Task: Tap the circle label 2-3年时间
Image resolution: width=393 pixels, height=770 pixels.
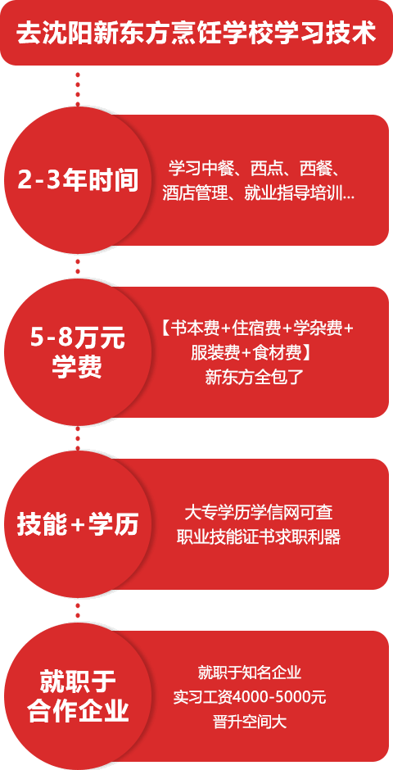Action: pyautogui.click(x=78, y=181)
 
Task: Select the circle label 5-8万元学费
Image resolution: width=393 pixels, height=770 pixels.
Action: pyautogui.click(x=77, y=353)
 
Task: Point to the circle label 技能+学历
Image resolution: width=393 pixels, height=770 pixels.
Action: pyautogui.click(x=78, y=525)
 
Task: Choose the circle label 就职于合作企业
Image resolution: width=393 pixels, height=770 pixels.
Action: pyautogui.click(x=78, y=696)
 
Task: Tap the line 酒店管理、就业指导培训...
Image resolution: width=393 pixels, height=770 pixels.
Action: pyautogui.click(x=259, y=193)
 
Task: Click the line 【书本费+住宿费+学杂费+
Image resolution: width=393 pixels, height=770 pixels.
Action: pyautogui.click(x=257, y=328)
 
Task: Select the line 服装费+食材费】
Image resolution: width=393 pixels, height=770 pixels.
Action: pyautogui.click(x=251, y=352)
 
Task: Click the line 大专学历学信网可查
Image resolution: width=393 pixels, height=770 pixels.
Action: pyautogui.click(x=259, y=512)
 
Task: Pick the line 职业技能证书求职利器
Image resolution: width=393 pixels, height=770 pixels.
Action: pyautogui.click(x=259, y=537)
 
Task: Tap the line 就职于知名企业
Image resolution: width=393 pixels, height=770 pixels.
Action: pyautogui.click(x=250, y=672)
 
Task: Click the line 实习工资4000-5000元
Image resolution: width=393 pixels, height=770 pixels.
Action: pyautogui.click(x=250, y=697)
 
